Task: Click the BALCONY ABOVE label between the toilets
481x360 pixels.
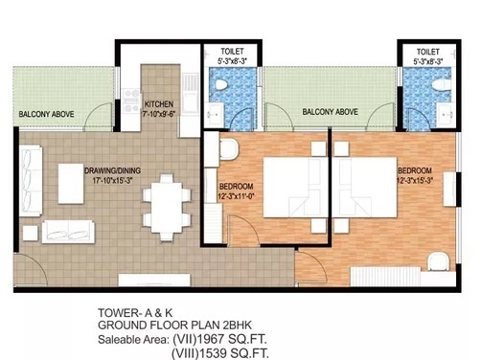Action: pyautogui.click(x=330, y=112)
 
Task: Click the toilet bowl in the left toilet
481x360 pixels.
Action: pyautogui.click(x=220, y=87)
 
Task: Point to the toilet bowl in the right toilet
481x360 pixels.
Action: pyautogui.click(x=440, y=87)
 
